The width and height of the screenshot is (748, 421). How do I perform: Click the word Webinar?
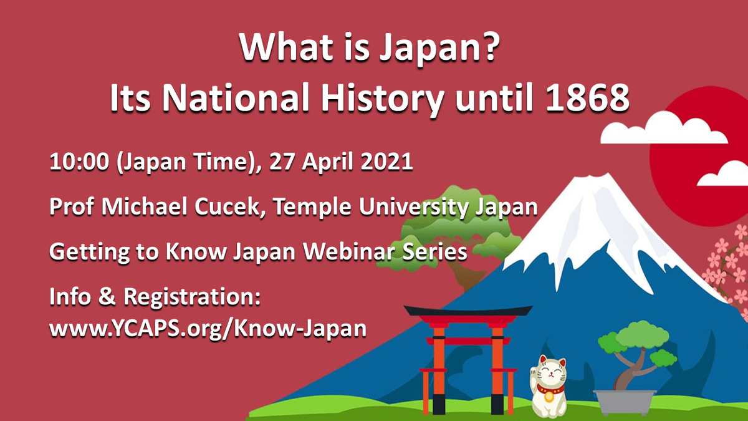[x=348, y=251]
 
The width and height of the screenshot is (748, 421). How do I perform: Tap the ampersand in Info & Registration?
[x=107, y=296]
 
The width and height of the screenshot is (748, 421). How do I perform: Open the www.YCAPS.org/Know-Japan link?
[x=208, y=329]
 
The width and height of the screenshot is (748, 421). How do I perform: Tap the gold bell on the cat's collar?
[x=549, y=397]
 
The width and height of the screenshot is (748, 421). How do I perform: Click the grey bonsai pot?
[x=625, y=402]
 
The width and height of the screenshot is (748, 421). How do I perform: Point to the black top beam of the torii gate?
[x=468, y=311]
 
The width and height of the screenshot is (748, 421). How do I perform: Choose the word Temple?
[x=312, y=207]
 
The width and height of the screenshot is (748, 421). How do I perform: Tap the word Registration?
[x=192, y=297]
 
